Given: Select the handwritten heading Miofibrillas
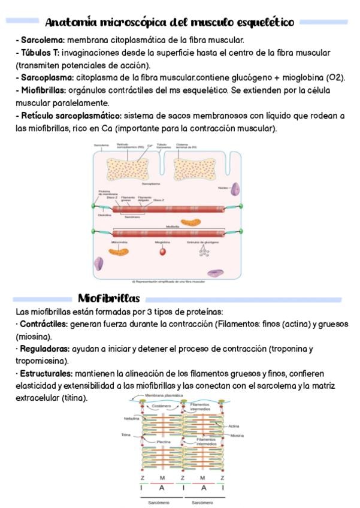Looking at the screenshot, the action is point(108,298).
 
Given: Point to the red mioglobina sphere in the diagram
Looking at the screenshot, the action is point(162,252).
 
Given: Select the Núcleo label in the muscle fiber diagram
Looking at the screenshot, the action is point(223,188).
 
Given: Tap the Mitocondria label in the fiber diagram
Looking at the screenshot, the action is point(119,241).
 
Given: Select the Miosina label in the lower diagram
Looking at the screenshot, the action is point(237,436).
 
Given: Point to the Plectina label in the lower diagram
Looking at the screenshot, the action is point(164,442).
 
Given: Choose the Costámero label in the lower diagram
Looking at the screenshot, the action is point(162,406).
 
